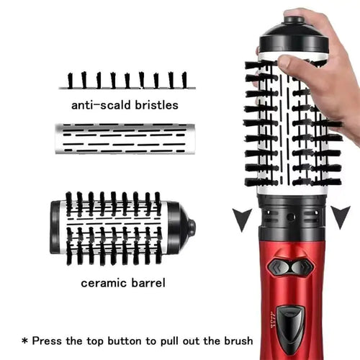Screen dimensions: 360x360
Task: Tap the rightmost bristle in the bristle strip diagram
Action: click(x=185, y=79)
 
